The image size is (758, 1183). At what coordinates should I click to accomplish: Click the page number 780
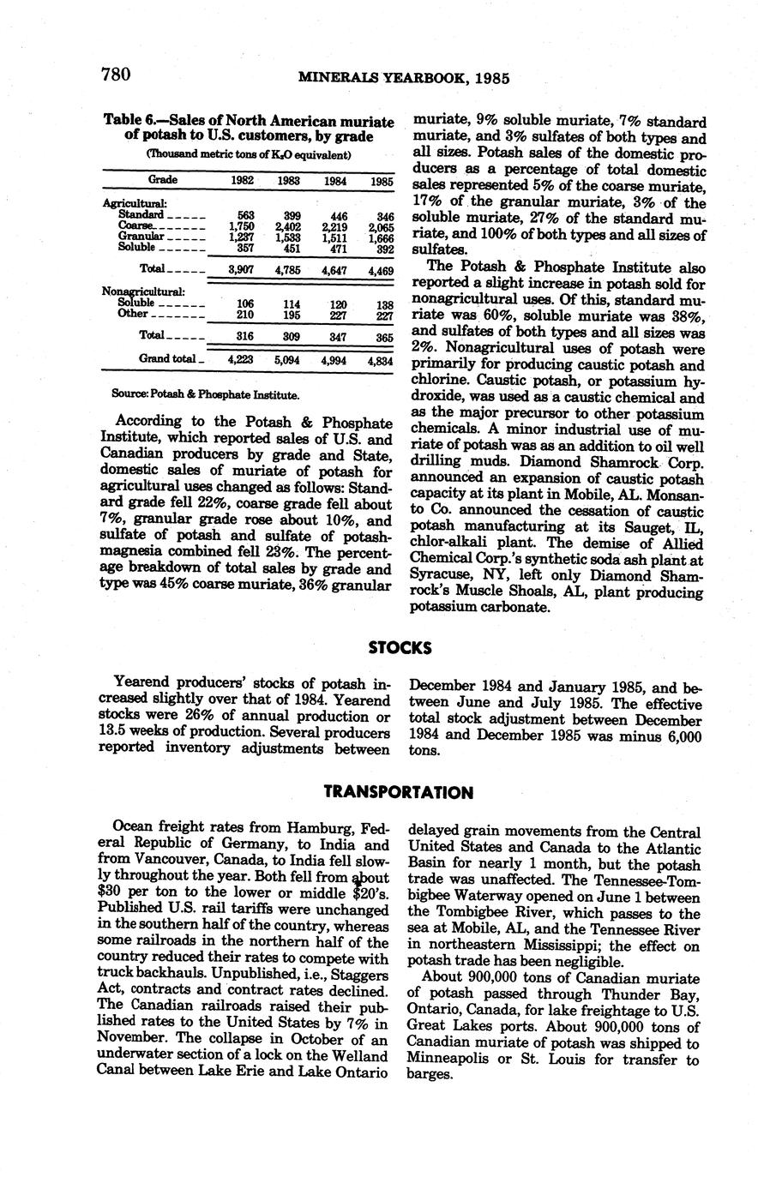click(x=115, y=75)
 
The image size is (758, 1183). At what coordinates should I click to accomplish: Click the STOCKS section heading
click(x=400, y=647)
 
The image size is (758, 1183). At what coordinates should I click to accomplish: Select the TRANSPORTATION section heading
click(x=399, y=792)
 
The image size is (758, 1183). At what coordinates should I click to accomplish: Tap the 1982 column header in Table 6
click(x=244, y=181)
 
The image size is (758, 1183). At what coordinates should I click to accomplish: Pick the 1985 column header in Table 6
click(x=382, y=182)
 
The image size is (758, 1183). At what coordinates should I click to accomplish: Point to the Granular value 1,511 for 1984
click(x=334, y=237)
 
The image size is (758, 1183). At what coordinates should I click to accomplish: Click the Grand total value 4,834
click(x=380, y=361)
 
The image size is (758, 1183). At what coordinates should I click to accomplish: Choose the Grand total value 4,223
click(x=244, y=360)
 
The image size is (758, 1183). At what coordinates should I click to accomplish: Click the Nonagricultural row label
click(x=136, y=291)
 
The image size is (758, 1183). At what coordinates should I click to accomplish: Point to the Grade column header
click(x=163, y=180)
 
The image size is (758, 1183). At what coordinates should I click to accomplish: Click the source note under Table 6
click(x=206, y=395)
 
